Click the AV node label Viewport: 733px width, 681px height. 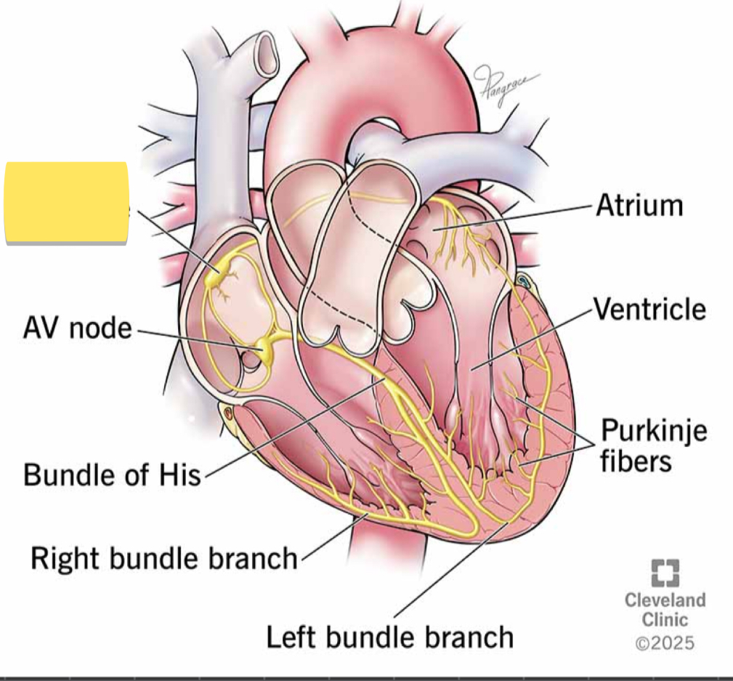point(77,328)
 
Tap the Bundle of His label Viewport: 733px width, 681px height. point(112,475)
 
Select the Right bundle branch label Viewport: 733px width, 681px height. point(164,558)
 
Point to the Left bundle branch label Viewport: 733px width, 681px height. point(389,637)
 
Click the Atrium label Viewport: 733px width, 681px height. point(639,205)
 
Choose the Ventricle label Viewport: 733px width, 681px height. point(649,309)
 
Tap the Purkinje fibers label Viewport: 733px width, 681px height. point(654,445)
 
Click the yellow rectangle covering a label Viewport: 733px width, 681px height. point(66,203)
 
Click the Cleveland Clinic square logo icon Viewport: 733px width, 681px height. point(665,573)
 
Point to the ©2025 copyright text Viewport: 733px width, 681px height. point(664,643)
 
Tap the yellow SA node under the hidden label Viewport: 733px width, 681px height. point(217,275)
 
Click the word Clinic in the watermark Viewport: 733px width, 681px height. point(665,620)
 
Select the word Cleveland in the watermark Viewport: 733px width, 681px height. point(665,600)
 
